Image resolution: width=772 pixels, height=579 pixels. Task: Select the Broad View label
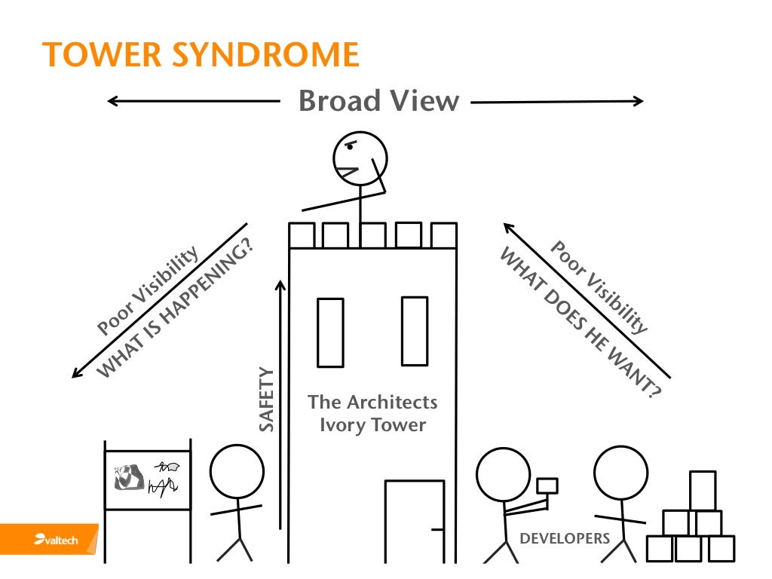[378, 101]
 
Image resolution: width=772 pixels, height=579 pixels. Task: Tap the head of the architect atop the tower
[360, 159]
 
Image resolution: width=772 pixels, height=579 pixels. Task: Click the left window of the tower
[330, 332]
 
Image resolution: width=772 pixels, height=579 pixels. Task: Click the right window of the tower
[414, 330]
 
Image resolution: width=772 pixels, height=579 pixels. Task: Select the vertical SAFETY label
[267, 399]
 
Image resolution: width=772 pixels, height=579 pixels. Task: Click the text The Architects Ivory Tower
[372, 413]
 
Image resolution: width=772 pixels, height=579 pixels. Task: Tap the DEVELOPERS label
[565, 538]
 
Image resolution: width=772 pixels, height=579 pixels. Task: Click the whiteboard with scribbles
[148, 479]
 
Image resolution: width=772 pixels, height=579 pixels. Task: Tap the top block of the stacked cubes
[702, 490]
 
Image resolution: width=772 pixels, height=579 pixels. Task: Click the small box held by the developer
[546, 486]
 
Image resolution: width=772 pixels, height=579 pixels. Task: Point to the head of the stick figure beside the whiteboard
[237, 471]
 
